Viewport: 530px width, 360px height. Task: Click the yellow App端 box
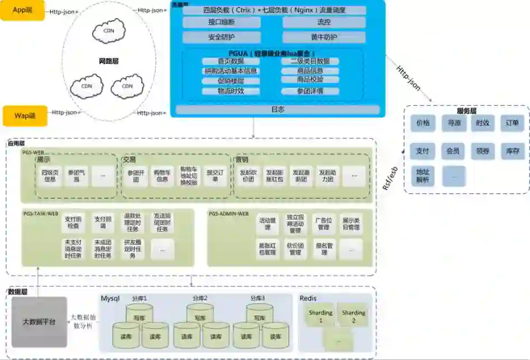(x=22, y=11)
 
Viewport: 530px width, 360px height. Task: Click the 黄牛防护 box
(x=323, y=38)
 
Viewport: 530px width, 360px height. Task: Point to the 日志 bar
(x=278, y=110)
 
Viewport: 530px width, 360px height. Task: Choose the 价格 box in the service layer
(x=423, y=123)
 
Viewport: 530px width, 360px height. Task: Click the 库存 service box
(x=512, y=151)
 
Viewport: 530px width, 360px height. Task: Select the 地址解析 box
(x=423, y=176)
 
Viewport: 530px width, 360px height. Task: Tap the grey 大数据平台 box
(x=39, y=322)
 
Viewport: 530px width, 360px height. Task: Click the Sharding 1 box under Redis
(x=321, y=316)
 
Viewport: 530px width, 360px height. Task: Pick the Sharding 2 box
(x=353, y=316)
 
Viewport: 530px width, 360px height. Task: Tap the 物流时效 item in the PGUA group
(x=231, y=91)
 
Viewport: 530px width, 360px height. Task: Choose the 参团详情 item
(x=309, y=91)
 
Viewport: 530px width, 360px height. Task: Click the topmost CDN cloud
(x=109, y=31)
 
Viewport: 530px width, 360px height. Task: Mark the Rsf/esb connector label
(x=390, y=179)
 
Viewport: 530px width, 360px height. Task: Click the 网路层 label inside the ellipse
(x=108, y=60)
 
